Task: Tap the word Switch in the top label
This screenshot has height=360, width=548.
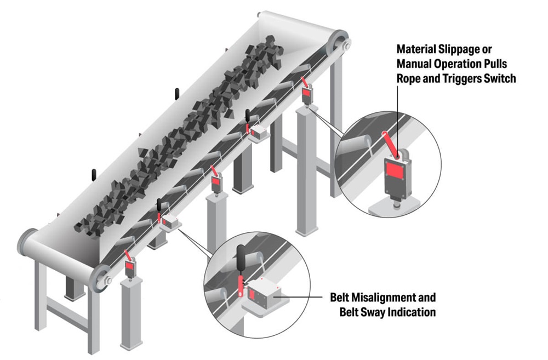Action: pos(499,78)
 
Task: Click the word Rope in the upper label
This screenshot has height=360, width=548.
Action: pos(412,78)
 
